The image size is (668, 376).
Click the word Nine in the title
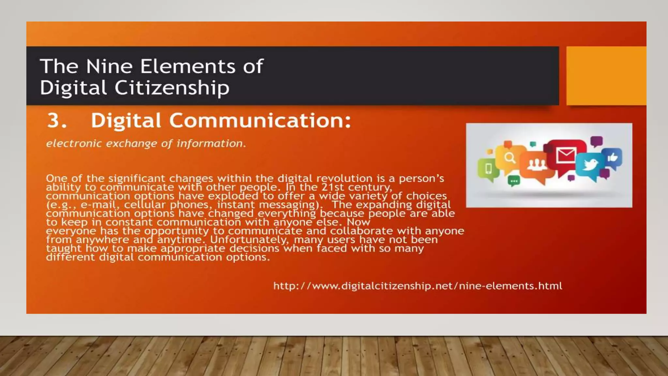click(109, 66)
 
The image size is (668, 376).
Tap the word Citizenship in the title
click(172, 88)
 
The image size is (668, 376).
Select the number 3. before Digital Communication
click(57, 120)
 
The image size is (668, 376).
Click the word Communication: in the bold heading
click(260, 120)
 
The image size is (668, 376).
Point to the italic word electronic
click(74, 143)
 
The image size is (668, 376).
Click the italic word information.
click(211, 143)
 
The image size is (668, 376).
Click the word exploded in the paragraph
click(233, 196)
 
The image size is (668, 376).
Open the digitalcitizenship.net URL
click(417, 286)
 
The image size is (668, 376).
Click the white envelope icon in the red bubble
click(566, 155)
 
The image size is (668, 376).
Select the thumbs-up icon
click(613, 158)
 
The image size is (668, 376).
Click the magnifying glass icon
click(510, 158)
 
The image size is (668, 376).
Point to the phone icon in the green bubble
click(488, 168)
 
